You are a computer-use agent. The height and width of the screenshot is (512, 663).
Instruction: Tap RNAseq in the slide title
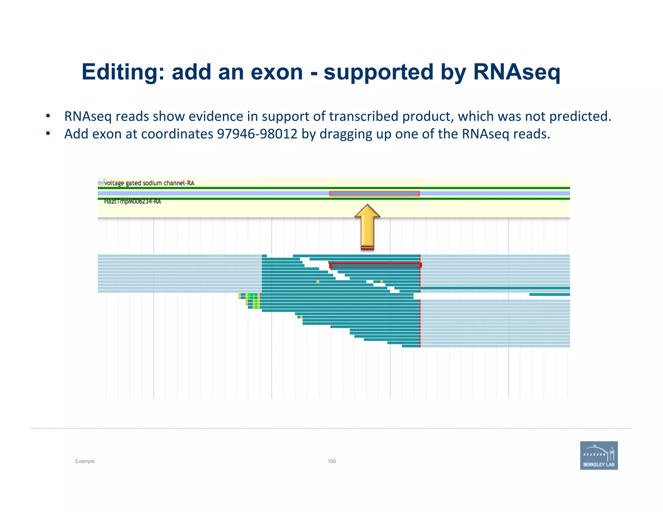[x=516, y=72]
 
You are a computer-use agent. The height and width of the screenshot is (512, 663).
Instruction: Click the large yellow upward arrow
[x=367, y=227]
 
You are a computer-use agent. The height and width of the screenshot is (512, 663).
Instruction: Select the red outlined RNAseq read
[x=376, y=265]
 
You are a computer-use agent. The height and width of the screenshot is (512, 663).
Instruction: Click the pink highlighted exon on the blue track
[x=374, y=194]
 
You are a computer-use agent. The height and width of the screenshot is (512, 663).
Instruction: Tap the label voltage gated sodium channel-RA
[x=149, y=183]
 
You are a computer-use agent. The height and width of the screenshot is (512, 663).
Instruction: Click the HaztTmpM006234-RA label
[x=132, y=202]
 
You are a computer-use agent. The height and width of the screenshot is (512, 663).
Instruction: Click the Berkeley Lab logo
[x=599, y=455]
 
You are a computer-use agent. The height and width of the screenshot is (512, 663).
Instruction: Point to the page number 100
[x=331, y=461]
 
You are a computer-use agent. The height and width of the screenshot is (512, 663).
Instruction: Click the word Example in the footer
[x=85, y=461]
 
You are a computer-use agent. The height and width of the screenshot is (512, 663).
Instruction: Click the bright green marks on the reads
[x=255, y=301]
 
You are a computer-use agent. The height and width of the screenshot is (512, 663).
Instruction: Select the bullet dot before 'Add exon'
[x=48, y=134]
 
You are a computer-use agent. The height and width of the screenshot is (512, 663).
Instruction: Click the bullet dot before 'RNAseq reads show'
[x=48, y=116]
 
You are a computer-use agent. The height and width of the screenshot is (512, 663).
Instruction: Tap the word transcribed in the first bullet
[x=364, y=117]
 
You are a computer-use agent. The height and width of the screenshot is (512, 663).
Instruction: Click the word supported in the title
[x=378, y=72]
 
